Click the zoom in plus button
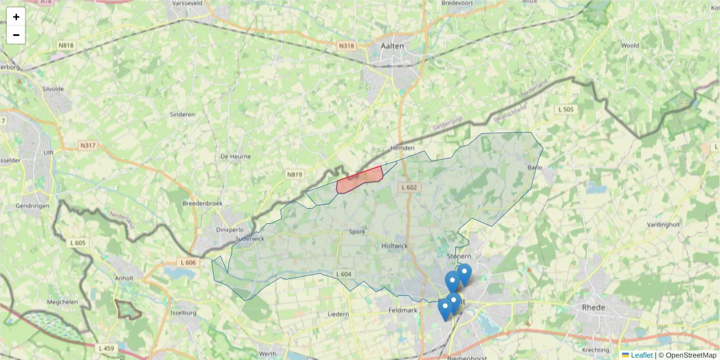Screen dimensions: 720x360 [x=16, y=17]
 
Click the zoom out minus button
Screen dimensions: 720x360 [x=16, y=35]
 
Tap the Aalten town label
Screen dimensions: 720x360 [x=393, y=46]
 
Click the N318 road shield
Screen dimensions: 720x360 [x=346, y=46]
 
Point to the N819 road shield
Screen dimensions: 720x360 [x=294, y=175]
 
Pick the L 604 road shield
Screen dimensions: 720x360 [x=343, y=274]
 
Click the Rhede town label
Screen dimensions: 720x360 [x=593, y=307]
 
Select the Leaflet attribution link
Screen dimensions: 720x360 [x=641, y=355]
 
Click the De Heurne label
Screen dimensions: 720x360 [x=235, y=157]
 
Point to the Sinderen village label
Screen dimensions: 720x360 [x=182, y=115]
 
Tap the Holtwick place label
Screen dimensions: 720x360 [x=394, y=246]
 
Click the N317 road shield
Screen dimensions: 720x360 [x=88, y=146]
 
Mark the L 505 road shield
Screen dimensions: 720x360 [x=566, y=109]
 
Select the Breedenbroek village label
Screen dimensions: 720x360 [x=202, y=203]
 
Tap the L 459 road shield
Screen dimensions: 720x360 [x=106, y=348]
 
